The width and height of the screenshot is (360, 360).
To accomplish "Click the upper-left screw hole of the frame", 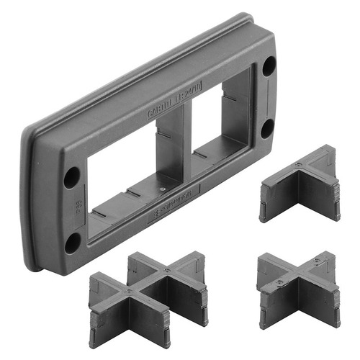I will pos(72,176).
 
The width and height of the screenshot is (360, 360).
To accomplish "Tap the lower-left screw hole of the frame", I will pos(73,243).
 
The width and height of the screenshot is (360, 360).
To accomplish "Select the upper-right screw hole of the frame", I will pos(267,66).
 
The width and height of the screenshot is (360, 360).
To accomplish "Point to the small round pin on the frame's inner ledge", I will pos(165,189).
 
